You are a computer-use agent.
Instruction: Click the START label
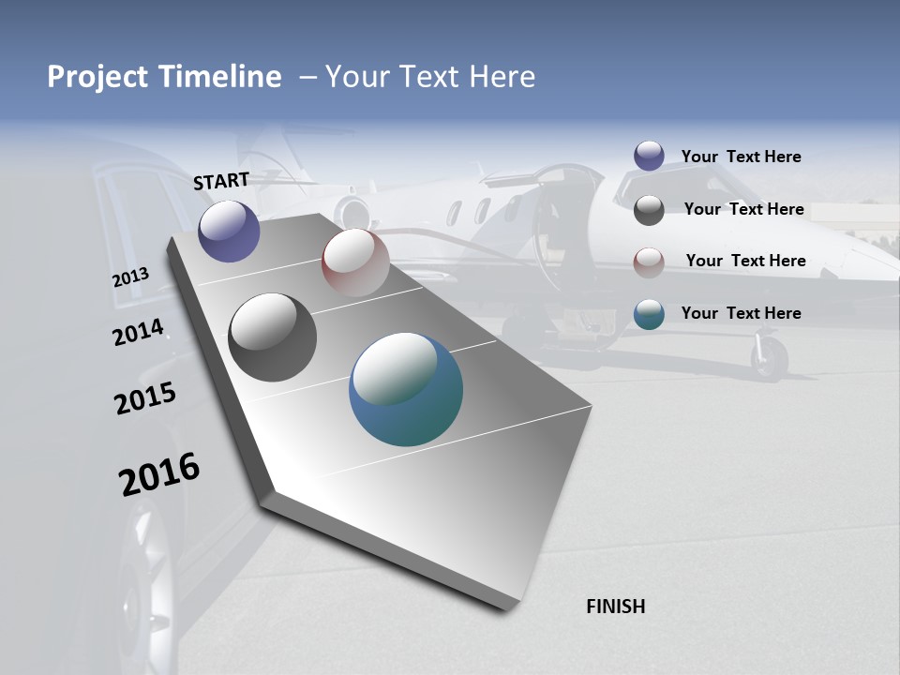(x=221, y=180)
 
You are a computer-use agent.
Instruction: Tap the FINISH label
(x=615, y=607)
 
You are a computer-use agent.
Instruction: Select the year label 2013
(x=131, y=277)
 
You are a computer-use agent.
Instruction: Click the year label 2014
(x=138, y=333)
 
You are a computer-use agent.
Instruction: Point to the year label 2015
(x=145, y=397)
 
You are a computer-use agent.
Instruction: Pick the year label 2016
(x=159, y=474)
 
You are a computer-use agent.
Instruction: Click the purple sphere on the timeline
(x=229, y=232)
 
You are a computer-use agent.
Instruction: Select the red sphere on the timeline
(x=355, y=262)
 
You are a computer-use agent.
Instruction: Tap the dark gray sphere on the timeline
(x=272, y=337)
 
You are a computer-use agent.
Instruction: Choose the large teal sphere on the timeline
(x=406, y=389)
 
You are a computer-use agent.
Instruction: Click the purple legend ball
(x=649, y=157)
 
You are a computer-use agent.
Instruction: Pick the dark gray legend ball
(x=649, y=210)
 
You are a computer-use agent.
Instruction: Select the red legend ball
(x=649, y=262)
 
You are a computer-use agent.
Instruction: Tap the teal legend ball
(x=649, y=314)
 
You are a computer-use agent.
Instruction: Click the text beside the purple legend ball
(x=741, y=157)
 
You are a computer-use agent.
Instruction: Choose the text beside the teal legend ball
(x=741, y=313)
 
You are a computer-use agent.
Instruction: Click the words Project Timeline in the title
(x=164, y=77)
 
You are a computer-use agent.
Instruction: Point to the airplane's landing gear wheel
(x=770, y=358)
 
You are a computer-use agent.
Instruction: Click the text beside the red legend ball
(x=745, y=261)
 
